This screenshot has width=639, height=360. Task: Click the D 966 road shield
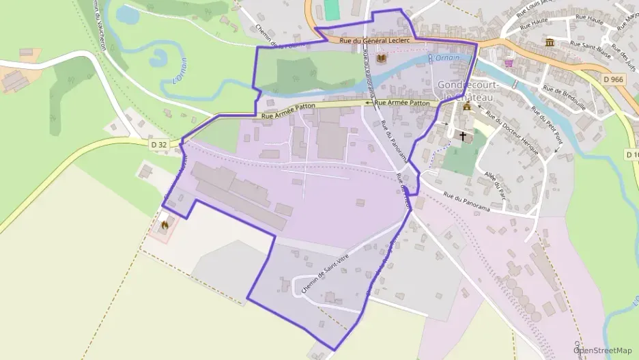(x=614, y=80)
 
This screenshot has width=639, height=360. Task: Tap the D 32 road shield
(x=158, y=144)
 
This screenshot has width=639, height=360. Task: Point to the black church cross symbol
(x=464, y=137)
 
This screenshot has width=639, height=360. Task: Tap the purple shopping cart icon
(x=509, y=64)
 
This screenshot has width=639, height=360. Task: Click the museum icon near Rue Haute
(x=550, y=43)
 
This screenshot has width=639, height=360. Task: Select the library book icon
(x=381, y=60)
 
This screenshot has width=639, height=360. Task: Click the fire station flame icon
(x=164, y=223)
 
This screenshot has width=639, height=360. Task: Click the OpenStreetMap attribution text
(x=602, y=350)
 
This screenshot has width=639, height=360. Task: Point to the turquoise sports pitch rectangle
(x=331, y=9)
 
